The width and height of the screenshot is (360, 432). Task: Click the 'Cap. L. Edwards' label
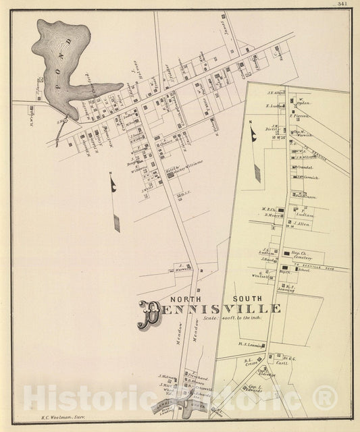point(254,389)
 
